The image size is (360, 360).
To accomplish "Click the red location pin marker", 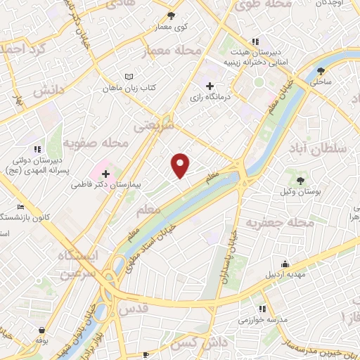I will [x=181, y=165].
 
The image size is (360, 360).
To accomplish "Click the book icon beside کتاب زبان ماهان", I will [x=127, y=77].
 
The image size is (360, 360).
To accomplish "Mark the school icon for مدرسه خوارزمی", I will [x=262, y=308].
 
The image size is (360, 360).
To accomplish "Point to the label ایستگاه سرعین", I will [x=87, y=263].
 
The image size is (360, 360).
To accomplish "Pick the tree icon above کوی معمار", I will [x=172, y=15].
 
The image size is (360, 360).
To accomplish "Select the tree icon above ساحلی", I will [x=321, y=70].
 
